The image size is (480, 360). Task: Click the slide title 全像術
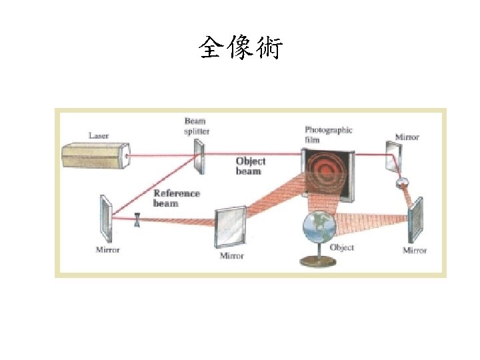pyautogui.click(x=240, y=49)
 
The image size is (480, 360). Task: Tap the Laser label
pyautogui.click(x=99, y=135)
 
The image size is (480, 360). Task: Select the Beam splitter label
pyautogui.click(x=197, y=126)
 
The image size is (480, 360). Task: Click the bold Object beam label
pyautogui.click(x=251, y=165)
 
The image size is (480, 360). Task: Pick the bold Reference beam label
pyautogui.click(x=176, y=198)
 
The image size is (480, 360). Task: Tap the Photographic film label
pyautogui.click(x=329, y=134)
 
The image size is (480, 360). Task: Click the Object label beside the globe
pyautogui.click(x=342, y=247)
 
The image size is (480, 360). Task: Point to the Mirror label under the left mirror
pyautogui.click(x=107, y=250)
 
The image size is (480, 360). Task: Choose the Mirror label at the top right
pyautogui.click(x=407, y=137)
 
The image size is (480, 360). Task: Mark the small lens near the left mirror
pyautogui.click(x=137, y=219)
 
